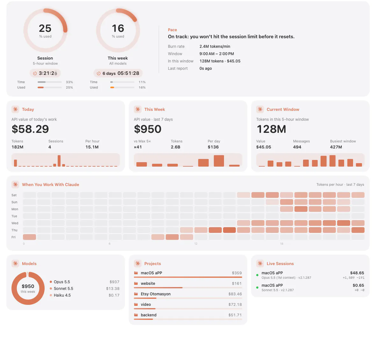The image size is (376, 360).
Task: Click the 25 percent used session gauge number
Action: coord(45,28)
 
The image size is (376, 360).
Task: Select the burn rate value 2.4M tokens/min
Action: coord(215,47)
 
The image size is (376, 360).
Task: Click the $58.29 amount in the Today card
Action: coord(30,129)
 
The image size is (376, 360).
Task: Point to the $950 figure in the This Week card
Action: coord(148,129)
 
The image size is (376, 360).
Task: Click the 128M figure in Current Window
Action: coord(271,129)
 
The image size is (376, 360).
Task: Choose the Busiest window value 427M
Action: coord(336,147)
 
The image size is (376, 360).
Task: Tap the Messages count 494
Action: coord(297,147)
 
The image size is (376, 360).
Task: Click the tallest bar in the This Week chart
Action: coord(219,161)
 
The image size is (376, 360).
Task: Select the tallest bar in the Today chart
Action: coord(59,161)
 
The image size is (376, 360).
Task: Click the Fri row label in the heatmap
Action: coord(13,237)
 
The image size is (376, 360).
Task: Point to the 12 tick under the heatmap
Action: coord(196,244)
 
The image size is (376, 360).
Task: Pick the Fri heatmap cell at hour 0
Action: coord(30,237)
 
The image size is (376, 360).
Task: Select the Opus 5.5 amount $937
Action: coord(114,282)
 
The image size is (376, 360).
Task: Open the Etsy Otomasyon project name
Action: coord(155,294)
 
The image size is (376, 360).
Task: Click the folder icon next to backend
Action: coord(136,315)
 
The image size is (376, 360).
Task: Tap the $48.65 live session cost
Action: coord(357,273)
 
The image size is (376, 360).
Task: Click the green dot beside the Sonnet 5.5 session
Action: coord(257,287)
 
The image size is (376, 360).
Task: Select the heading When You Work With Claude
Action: coord(51,184)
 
